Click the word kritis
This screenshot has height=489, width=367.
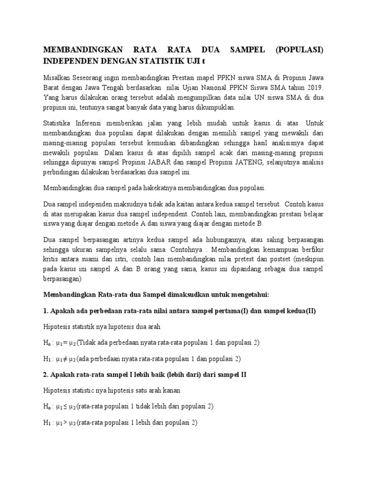[x=52, y=259]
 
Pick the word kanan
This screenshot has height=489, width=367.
[x=171, y=390]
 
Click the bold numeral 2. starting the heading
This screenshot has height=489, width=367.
[x=47, y=374]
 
